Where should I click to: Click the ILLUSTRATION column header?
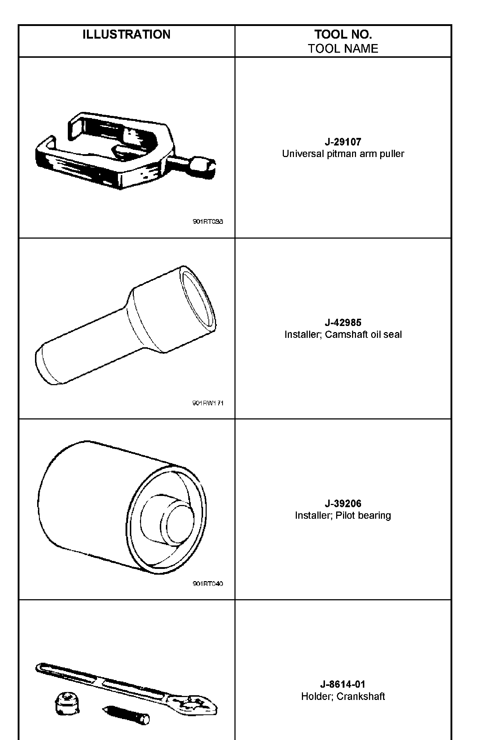point(126,35)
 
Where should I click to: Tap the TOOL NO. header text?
point(343,35)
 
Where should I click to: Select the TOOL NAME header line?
point(343,49)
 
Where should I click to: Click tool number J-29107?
point(343,142)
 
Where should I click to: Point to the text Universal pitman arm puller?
point(343,154)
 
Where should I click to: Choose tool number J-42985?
point(343,322)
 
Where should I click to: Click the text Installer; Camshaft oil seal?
point(343,335)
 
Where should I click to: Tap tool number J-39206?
point(343,503)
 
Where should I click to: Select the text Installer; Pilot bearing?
point(343,515)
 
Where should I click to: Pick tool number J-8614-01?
point(343,684)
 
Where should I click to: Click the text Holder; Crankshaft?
point(343,696)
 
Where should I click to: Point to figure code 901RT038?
point(208,222)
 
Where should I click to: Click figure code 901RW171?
point(208,403)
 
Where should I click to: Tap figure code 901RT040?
point(208,583)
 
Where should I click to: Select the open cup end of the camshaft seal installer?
point(197,300)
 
